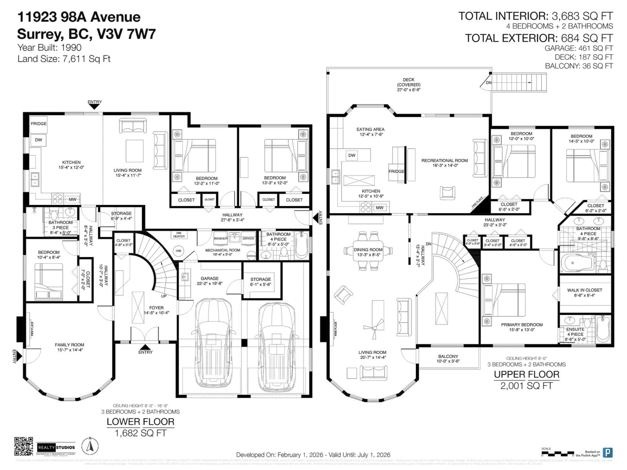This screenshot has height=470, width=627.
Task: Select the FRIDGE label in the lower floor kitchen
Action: tap(39, 124)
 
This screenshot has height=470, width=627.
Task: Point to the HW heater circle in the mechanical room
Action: tap(178, 251)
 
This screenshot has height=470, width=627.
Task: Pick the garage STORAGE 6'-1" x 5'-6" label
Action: tap(260, 282)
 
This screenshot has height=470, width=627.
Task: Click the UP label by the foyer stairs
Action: tap(164, 296)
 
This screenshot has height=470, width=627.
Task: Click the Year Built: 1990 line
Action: tap(50, 48)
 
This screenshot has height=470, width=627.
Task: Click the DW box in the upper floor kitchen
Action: tap(352, 155)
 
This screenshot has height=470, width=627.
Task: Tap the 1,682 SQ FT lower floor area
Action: tap(140, 433)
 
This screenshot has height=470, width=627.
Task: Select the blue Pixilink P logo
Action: tap(607, 452)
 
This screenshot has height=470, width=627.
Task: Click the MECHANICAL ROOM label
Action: tap(223, 250)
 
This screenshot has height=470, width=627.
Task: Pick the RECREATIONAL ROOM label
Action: tap(444, 160)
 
